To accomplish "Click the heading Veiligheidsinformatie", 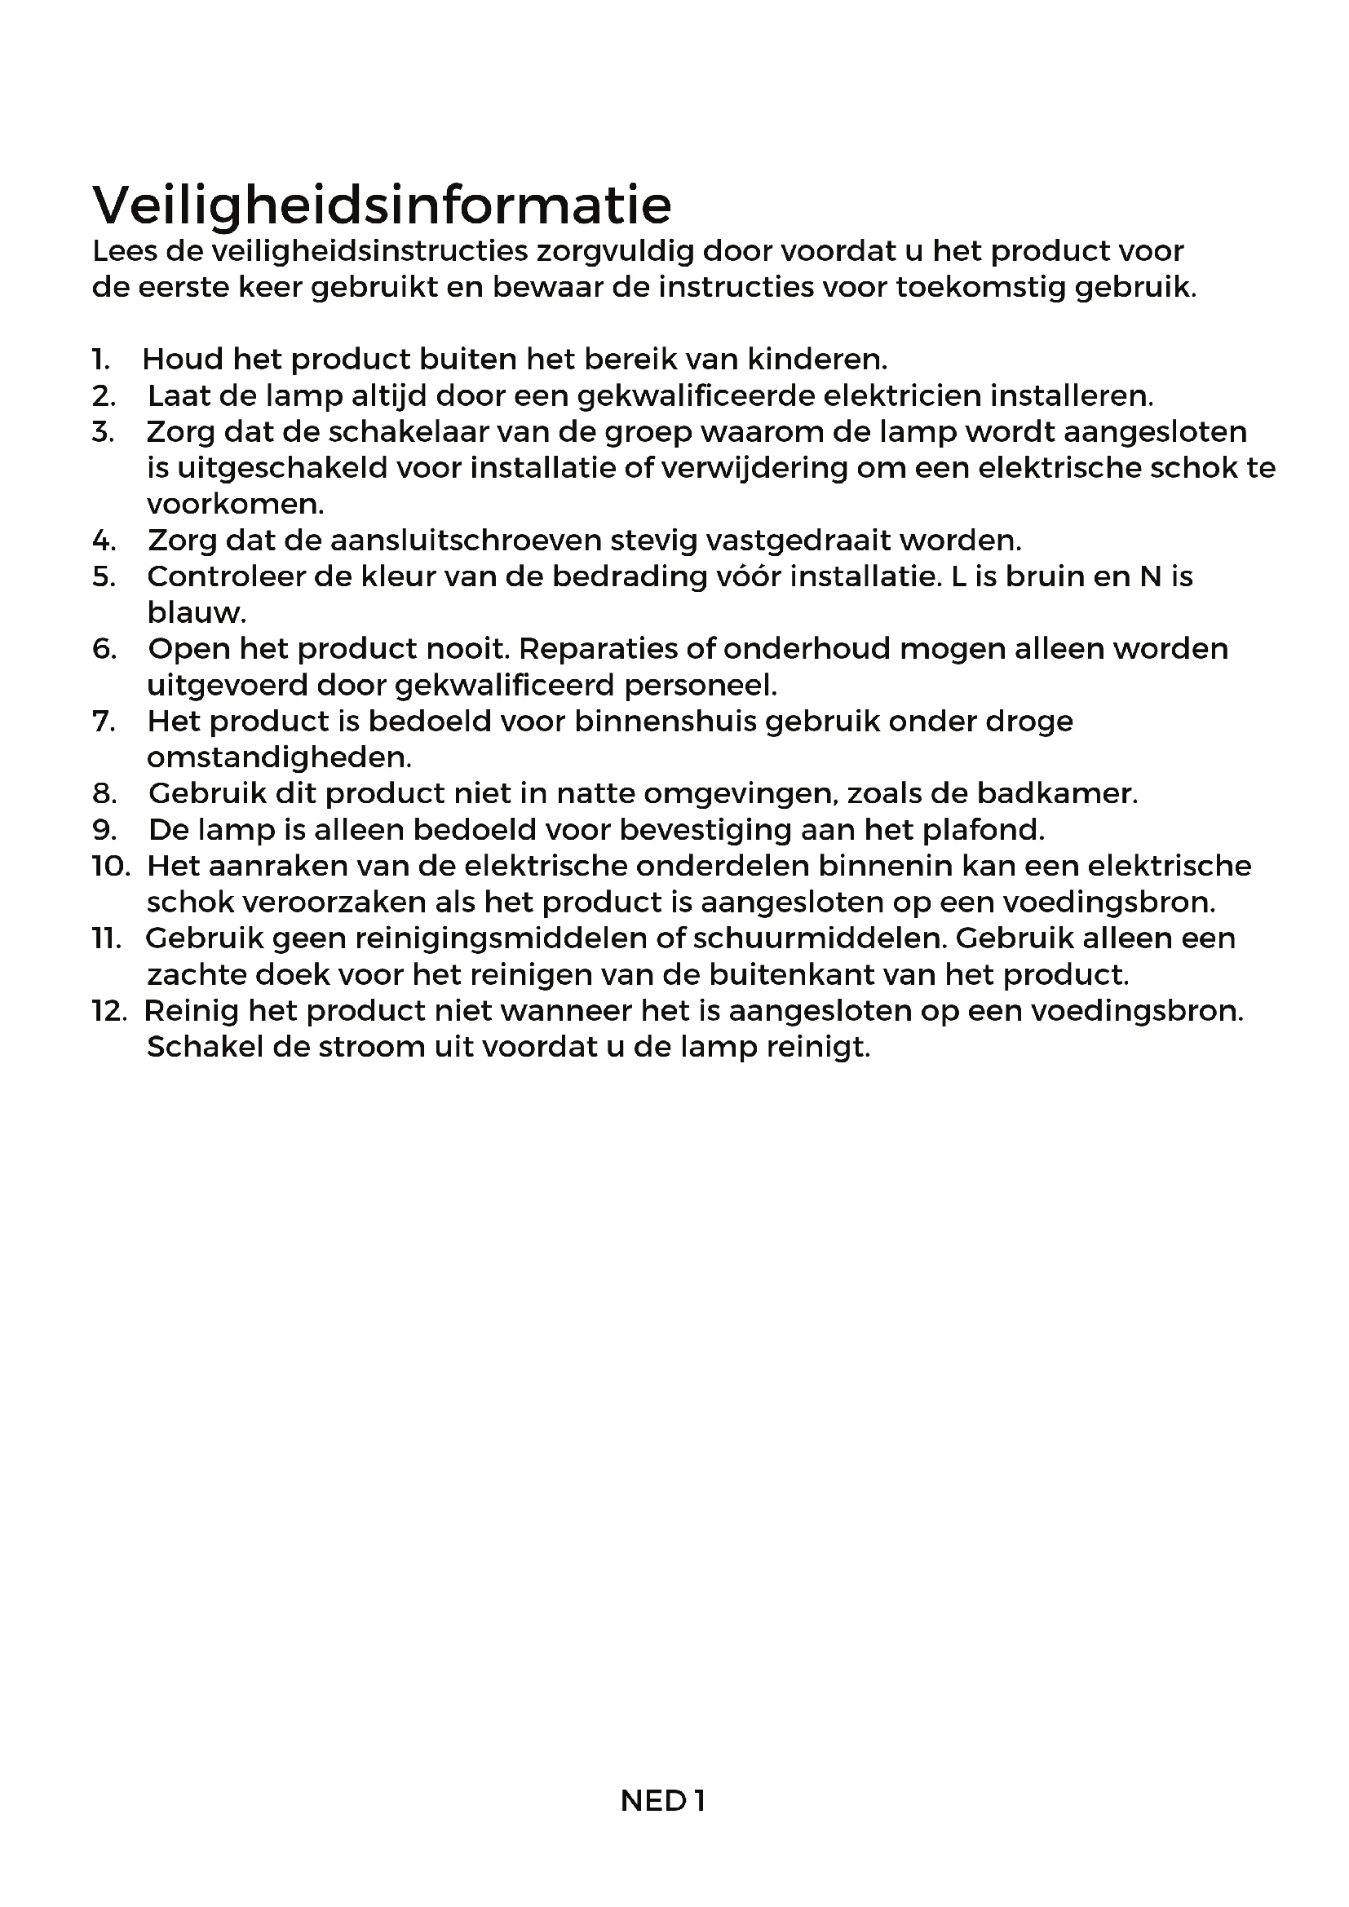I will pos(381,205).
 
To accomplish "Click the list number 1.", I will pos(100,360).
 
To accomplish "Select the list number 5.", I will pos(104,576).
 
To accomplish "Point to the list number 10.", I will pos(110,867).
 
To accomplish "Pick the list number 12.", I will pos(109,1011).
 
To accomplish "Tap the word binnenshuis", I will pos(665,722).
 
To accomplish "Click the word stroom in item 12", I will pos(349,1048).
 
